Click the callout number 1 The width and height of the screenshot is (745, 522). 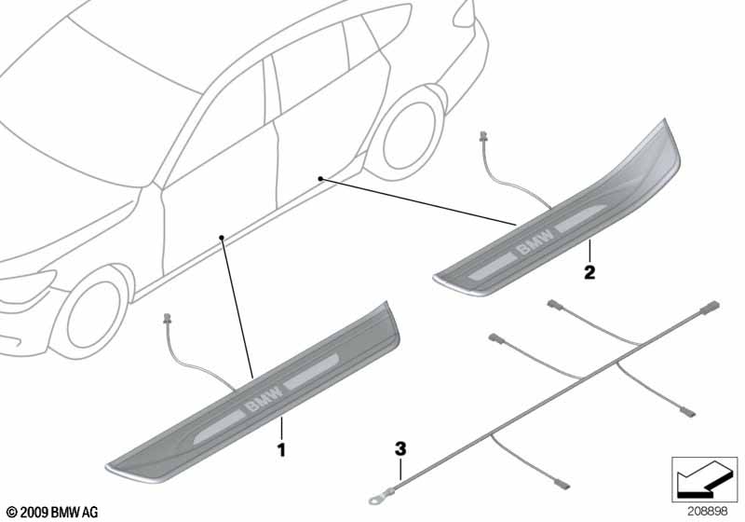tap(282, 449)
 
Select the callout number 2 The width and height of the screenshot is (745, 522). tap(589, 272)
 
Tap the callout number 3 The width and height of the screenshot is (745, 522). tap(401, 447)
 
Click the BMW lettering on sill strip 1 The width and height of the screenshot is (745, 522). tap(264, 397)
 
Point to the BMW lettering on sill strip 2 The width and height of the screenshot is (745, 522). tap(535, 241)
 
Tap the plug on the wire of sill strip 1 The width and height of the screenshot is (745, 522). tap(167, 319)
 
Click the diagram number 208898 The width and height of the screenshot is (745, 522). tap(707, 512)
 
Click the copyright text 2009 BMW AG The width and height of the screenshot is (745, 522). tap(53, 512)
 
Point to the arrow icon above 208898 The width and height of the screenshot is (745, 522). tap(704, 479)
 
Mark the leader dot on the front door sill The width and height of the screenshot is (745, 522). tap(221, 237)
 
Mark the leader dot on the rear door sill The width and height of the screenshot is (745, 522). tap(320, 179)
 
